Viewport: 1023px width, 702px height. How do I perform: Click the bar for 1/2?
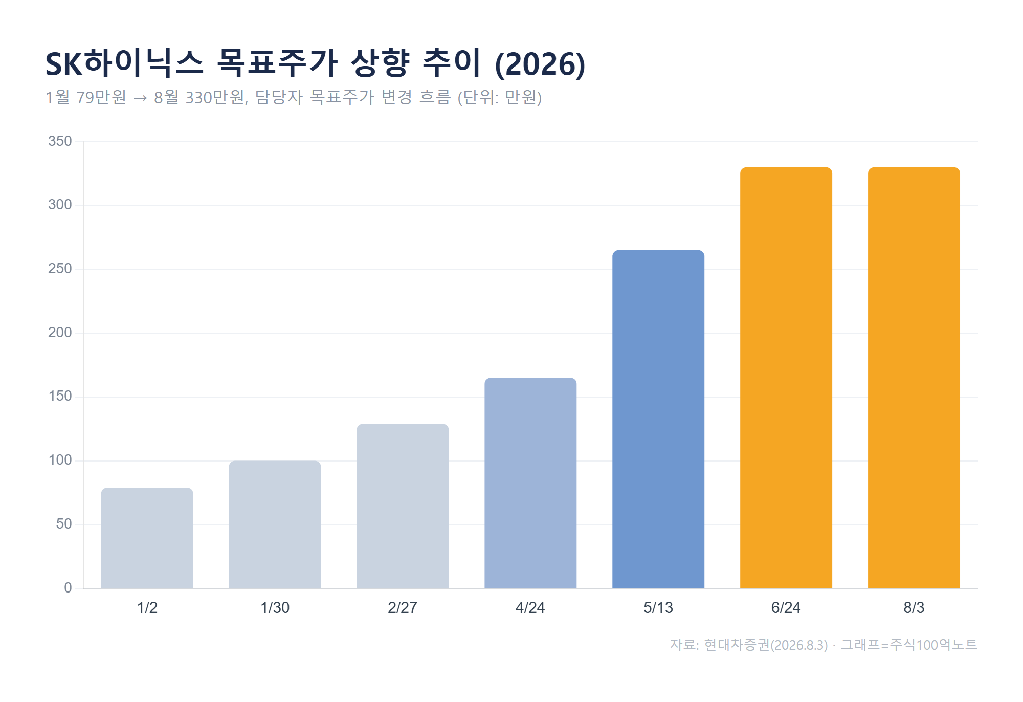147,538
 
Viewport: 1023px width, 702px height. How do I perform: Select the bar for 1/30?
275,524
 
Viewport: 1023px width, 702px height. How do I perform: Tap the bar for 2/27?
403,506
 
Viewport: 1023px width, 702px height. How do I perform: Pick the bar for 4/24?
530,483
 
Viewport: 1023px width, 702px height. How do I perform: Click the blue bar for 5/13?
658,419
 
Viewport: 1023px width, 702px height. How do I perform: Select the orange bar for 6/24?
786,378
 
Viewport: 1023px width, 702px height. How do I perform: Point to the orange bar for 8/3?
914,378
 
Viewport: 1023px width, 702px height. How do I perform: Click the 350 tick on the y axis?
60,141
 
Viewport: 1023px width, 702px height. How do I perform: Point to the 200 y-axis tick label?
60,333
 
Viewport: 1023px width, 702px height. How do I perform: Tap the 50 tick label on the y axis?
64,524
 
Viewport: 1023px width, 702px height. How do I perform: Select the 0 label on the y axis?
68,588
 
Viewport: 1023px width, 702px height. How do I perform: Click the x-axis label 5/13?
658,608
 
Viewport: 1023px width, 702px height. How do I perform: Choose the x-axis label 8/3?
914,608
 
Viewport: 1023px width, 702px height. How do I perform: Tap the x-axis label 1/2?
147,608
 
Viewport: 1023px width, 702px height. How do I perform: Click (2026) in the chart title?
540,64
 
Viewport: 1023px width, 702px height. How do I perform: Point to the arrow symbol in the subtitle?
140,98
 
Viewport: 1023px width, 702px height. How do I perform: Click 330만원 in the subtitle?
215,97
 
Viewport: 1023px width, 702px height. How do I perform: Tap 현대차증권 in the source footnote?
737,645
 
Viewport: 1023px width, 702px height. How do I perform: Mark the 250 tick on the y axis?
60,269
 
